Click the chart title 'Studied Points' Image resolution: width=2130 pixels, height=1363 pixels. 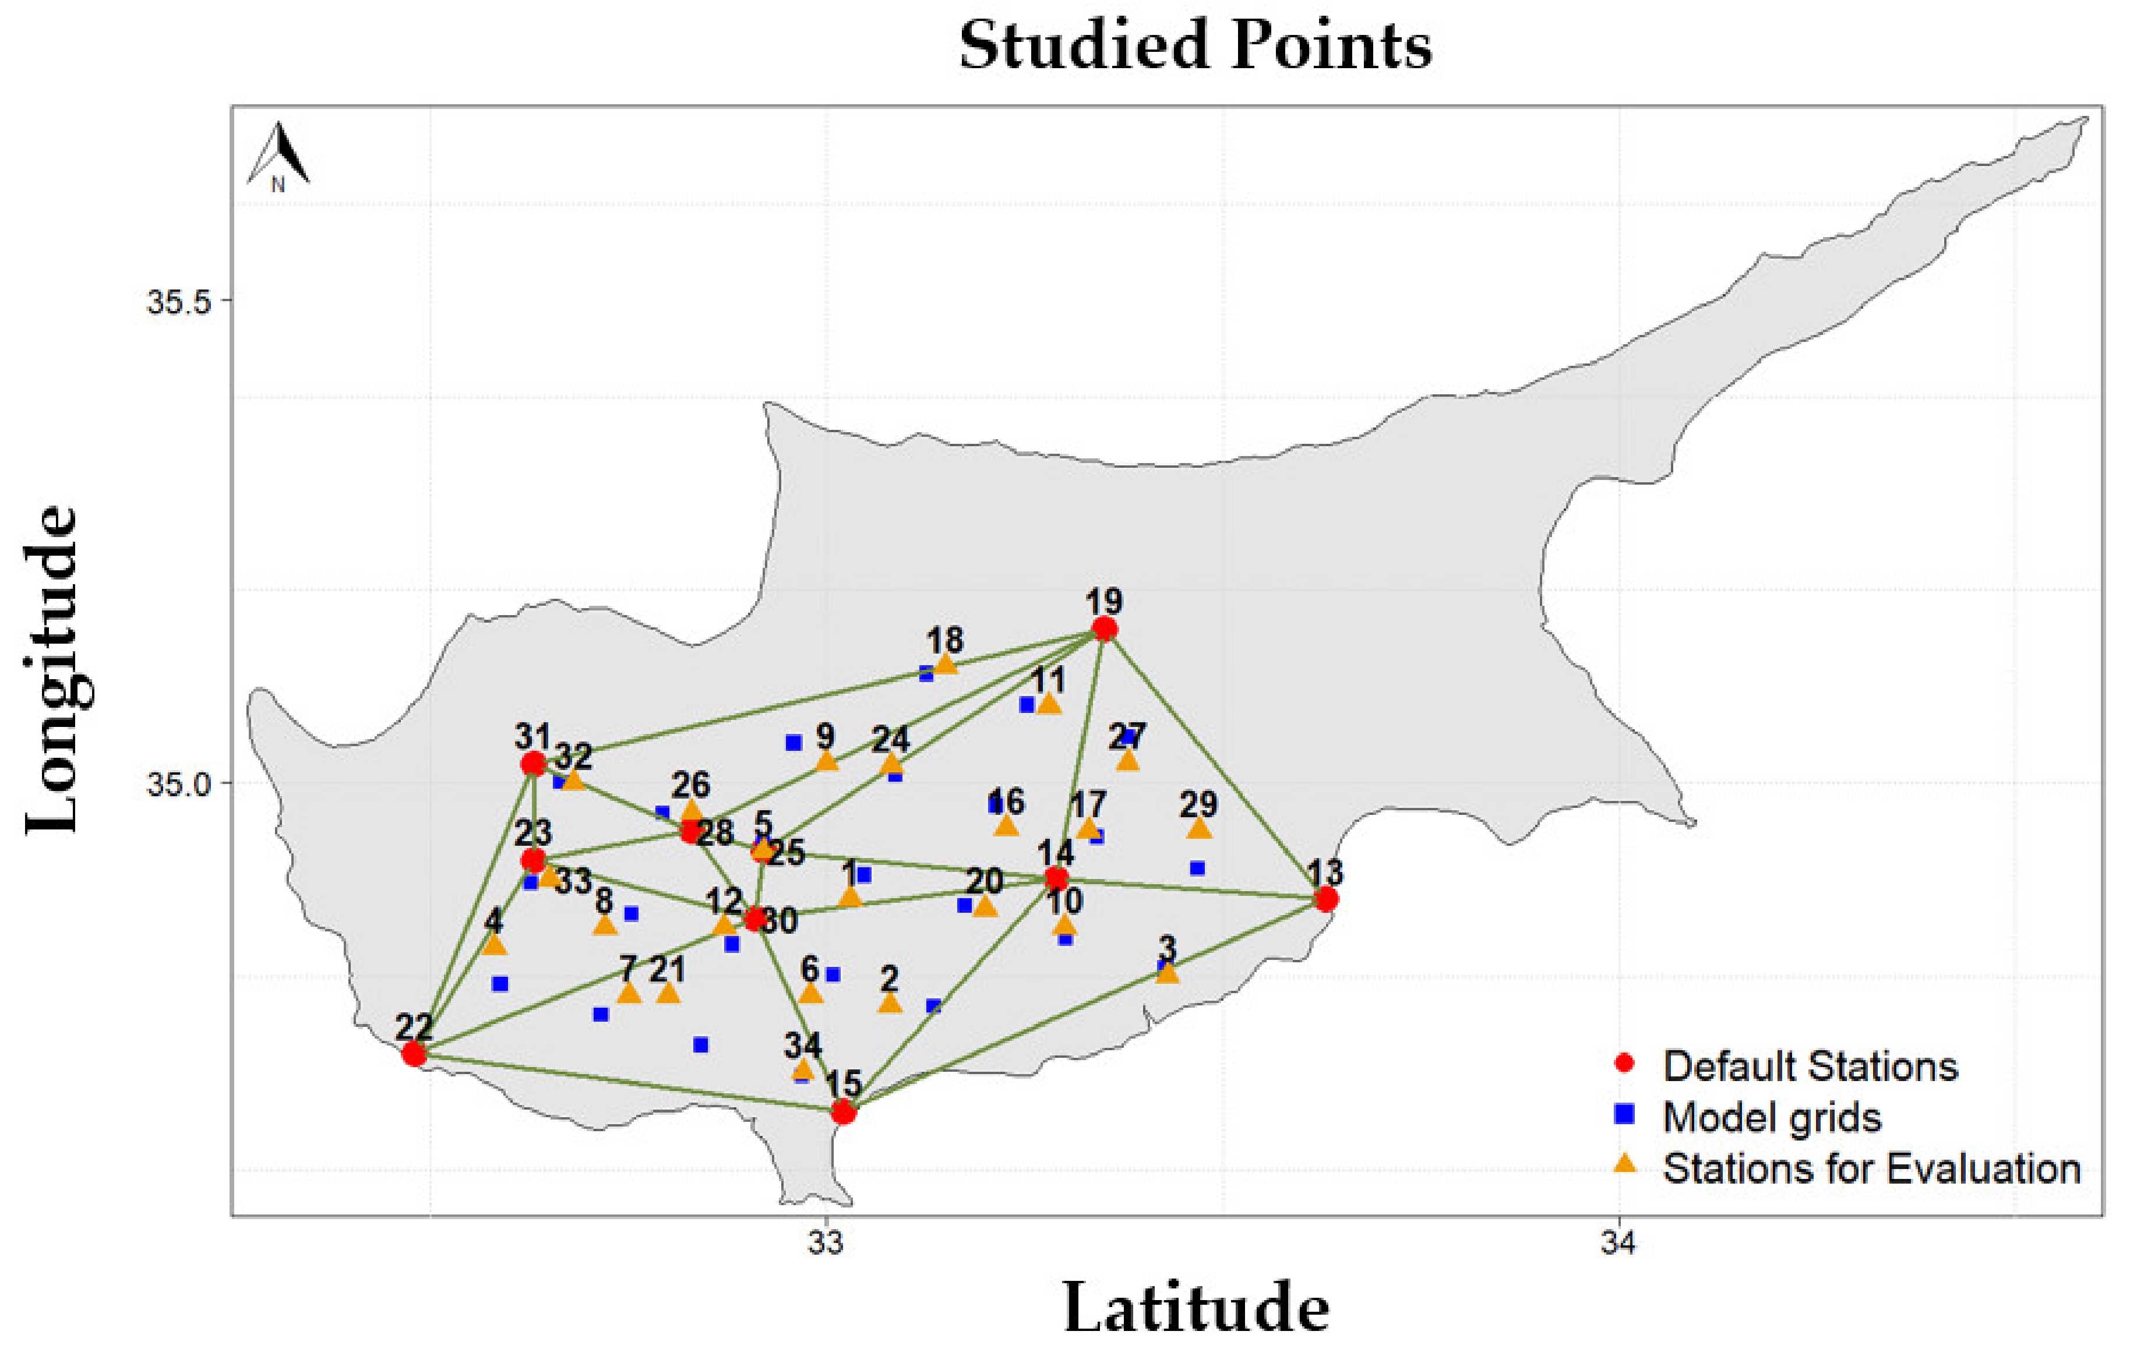[1195, 46]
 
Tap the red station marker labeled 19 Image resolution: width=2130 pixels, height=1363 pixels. [1104, 629]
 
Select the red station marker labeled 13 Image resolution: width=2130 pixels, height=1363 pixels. [1325, 900]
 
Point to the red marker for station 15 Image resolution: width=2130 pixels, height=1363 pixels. [844, 1111]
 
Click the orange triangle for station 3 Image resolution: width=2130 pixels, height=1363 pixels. [1168, 973]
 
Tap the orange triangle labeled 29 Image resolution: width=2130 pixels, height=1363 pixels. [1198, 828]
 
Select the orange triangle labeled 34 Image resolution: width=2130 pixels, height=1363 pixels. [803, 1070]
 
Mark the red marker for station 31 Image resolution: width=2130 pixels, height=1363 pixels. [533, 763]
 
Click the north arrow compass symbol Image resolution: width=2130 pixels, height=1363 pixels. [279, 155]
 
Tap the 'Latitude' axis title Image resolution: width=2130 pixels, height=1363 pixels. [1195, 1307]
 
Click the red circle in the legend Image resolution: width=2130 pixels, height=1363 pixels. [1624, 1063]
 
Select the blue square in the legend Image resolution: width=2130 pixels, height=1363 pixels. [1624, 1114]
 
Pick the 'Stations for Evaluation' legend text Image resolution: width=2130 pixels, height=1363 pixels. [1871, 1168]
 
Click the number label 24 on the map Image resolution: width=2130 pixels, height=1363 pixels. [891, 738]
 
